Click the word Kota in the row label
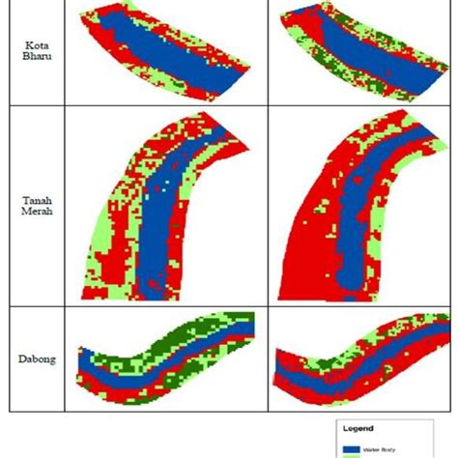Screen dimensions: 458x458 tap(36, 44)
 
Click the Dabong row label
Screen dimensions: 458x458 tap(36, 359)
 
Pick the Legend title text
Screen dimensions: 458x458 tap(359, 426)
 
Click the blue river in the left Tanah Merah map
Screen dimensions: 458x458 tap(159, 222)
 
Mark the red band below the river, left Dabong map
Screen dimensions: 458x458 tap(145, 382)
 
